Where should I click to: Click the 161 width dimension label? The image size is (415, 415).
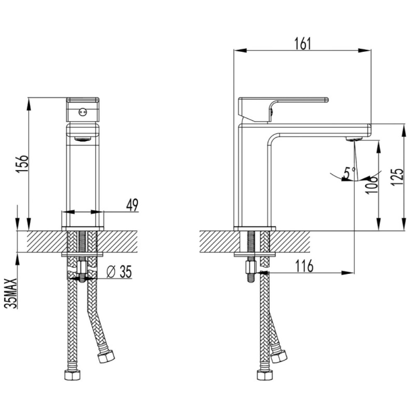point(303,44)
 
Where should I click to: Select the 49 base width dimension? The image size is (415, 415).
point(132,205)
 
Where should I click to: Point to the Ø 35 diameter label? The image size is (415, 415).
point(119,271)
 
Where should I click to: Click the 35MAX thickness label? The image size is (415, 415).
point(11,293)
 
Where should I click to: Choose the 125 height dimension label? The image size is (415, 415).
point(398,177)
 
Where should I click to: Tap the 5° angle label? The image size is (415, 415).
point(349,173)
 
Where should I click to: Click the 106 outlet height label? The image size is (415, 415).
point(371,184)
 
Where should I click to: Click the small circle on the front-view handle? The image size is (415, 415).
point(83,112)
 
